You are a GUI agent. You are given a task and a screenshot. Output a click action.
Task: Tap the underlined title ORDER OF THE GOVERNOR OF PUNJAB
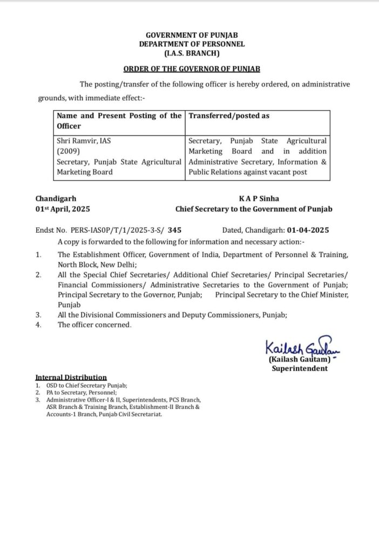click(192, 69)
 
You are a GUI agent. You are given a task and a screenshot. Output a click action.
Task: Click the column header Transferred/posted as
click(229, 116)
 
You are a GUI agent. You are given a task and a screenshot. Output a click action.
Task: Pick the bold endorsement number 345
click(174, 230)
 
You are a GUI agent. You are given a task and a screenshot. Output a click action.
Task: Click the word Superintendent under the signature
click(299, 368)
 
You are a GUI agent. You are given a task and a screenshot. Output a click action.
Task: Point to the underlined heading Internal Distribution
click(71, 377)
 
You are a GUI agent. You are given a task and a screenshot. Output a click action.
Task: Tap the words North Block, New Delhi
click(97, 265)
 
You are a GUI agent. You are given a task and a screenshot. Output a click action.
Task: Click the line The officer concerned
click(94, 325)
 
